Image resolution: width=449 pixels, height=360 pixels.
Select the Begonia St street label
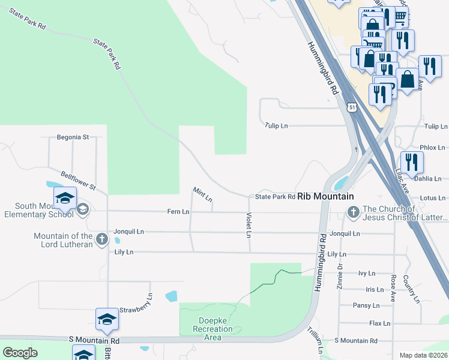pyautogui.click(x=72, y=137)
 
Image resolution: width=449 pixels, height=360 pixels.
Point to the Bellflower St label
pyautogui.click(x=79, y=179)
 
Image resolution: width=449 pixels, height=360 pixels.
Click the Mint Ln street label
pyautogui.click(x=202, y=194)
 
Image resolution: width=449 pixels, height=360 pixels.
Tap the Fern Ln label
pyautogui.click(x=178, y=212)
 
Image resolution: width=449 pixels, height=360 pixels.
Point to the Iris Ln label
pyautogui.click(x=374, y=289)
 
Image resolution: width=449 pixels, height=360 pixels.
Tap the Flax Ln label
pyautogui.click(x=379, y=323)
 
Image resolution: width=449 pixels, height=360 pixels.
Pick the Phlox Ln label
pyautogui.click(x=432, y=147)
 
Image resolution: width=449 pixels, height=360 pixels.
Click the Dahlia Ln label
pyautogui.click(x=428, y=178)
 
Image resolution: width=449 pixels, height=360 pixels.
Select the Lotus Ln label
pyautogui.click(x=432, y=197)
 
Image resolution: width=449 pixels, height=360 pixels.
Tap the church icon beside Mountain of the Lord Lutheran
pyautogui.click(x=101, y=239)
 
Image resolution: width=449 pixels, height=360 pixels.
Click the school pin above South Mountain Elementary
pyautogui.click(x=65, y=197)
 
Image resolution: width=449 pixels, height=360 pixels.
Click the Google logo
pyautogui.click(x=20, y=353)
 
